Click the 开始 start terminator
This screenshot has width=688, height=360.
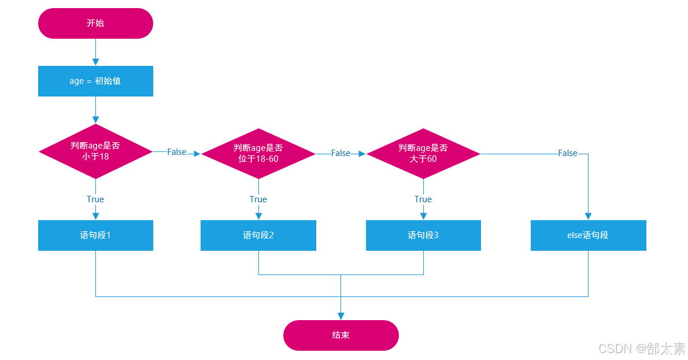point(95,23)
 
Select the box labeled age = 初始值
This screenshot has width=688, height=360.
point(95,81)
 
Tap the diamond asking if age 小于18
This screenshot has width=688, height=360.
point(95,151)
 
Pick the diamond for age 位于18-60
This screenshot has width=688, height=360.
point(258,153)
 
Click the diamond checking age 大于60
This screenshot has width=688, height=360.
point(423,153)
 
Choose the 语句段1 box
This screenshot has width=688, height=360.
point(95,235)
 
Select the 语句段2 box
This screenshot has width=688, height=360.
point(258,235)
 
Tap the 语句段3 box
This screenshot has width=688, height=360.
point(423,235)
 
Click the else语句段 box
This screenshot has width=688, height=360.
point(588,235)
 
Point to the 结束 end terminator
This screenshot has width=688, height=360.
point(341,335)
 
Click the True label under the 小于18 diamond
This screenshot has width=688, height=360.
point(95,199)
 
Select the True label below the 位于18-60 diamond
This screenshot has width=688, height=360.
point(258,199)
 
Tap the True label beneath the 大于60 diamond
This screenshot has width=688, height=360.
point(423,199)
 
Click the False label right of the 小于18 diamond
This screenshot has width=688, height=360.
point(177,152)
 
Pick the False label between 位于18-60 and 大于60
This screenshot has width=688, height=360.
point(341,153)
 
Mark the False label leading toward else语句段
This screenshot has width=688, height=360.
point(567,153)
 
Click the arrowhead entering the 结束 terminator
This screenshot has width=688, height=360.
point(341,316)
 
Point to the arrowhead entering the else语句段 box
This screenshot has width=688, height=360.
point(588,216)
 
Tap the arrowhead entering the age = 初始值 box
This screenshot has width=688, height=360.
point(95,62)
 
